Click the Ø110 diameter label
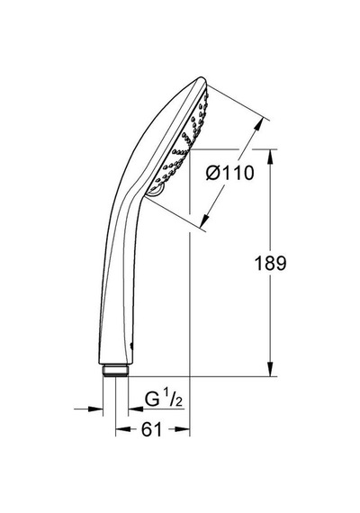[230, 173]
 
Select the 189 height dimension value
[270, 263]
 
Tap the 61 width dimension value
[151, 429]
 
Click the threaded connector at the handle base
[115, 370]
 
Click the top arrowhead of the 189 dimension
[270, 157]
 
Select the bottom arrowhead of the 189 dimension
[270, 369]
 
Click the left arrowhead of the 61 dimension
[122, 429]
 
